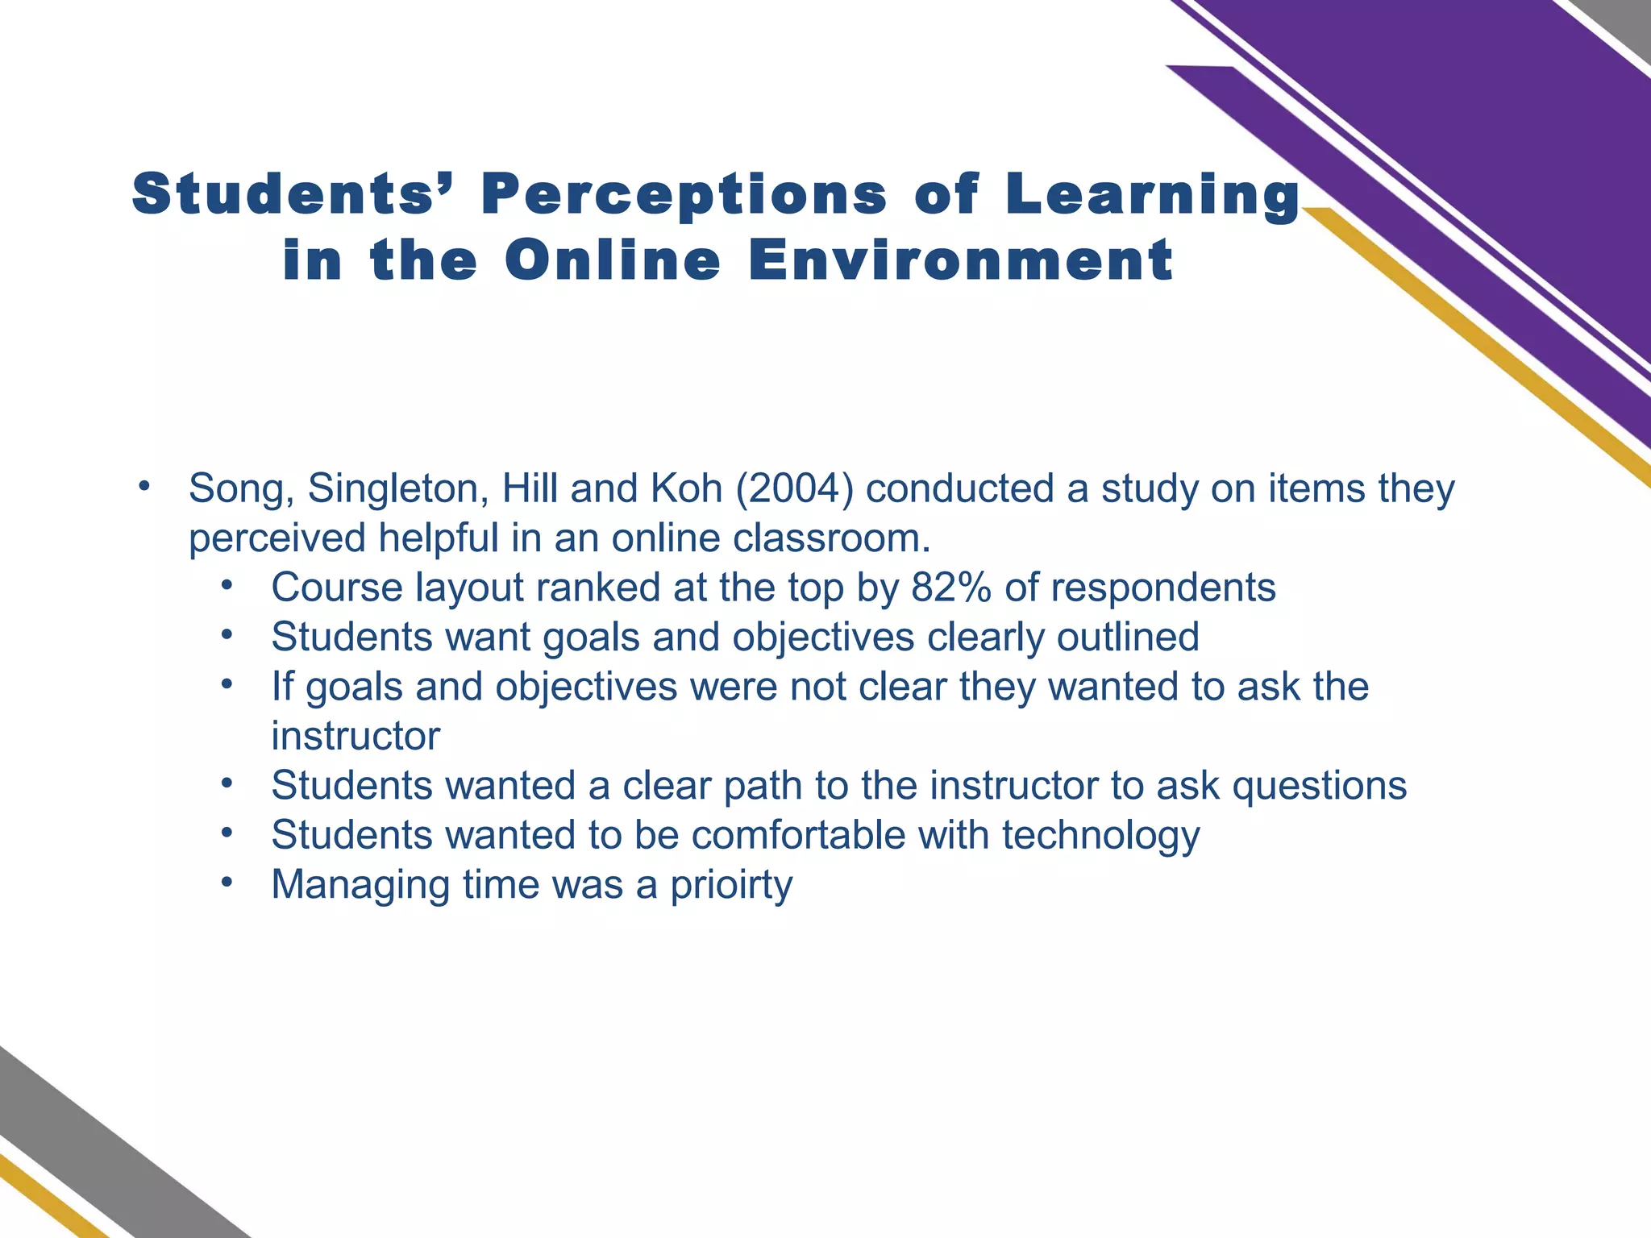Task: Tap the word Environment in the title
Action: (961, 260)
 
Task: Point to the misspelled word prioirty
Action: (731, 885)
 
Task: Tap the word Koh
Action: (685, 489)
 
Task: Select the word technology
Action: (1100, 836)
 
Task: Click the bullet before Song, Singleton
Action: (144, 487)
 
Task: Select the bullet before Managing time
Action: (227, 883)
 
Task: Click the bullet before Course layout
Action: (227, 586)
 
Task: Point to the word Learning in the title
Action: (1153, 196)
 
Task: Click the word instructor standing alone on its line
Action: (356, 737)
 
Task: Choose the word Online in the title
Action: (613, 260)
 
